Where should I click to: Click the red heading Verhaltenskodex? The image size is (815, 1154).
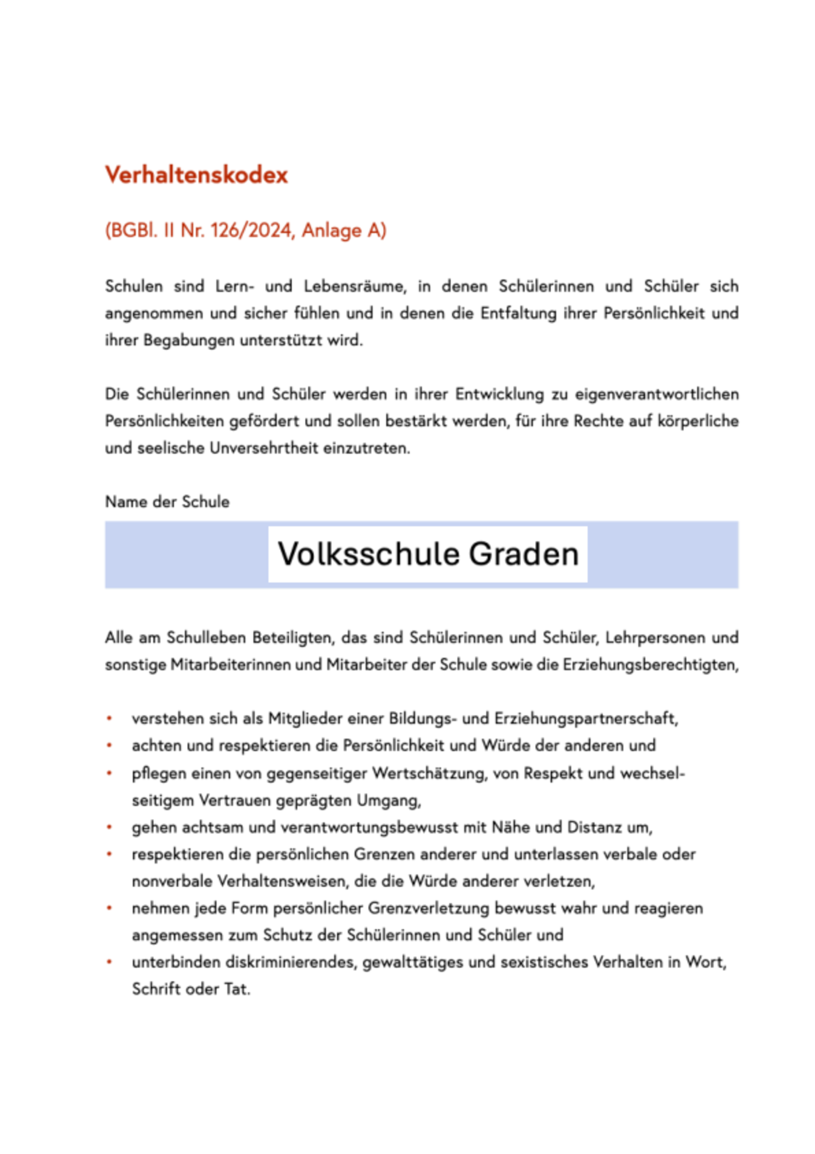coord(197,175)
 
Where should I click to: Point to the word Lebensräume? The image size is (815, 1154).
coord(354,286)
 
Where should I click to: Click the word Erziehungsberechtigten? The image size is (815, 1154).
coord(650,664)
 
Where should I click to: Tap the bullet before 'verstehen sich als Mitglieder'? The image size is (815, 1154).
coord(109,719)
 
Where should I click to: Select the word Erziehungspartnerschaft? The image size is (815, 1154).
coord(586,719)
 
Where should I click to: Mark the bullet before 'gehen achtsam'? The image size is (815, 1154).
coord(109,827)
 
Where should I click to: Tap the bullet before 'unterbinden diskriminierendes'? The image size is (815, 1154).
coord(109,962)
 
